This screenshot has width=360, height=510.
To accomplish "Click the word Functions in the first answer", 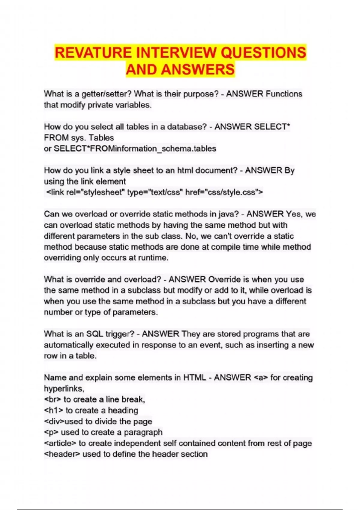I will click(x=284, y=94).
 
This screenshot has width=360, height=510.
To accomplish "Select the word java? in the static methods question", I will click(x=228, y=214).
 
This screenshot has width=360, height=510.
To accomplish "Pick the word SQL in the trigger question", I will click(x=94, y=334).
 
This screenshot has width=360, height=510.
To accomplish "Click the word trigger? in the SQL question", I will click(x=120, y=334).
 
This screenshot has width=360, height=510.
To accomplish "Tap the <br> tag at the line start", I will click(x=52, y=399).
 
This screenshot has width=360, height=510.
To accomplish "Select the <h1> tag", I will click(x=53, y=410).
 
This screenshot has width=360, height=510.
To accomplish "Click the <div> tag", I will click(x=54, y=421).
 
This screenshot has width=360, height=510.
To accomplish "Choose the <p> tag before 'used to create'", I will click(x=51, y=432).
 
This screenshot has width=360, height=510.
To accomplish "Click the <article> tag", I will click(x=60, y=443).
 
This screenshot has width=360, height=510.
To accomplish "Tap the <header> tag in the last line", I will click(x=62, y=454).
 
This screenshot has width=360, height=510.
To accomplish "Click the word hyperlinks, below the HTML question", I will click(x=64, y=388).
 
